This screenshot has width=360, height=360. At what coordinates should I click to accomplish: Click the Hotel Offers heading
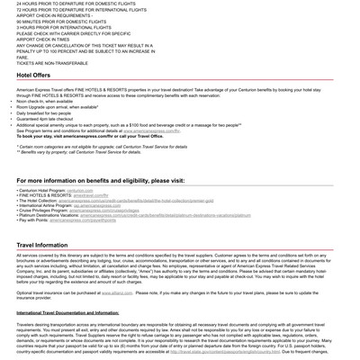[33, 76]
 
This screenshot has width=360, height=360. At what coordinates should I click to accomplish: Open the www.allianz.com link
[117, 292]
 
